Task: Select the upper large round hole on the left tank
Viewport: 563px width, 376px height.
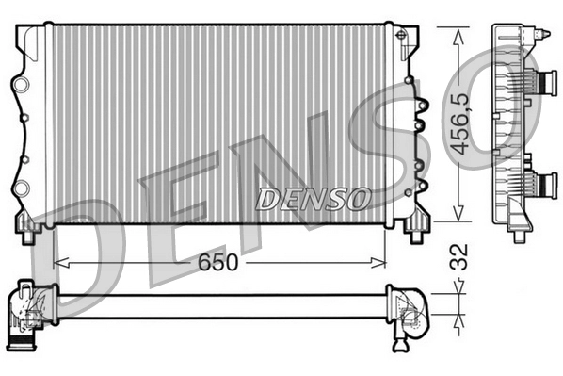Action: tap(21, 85)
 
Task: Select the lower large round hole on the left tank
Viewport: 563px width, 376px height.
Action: tap(21, 187)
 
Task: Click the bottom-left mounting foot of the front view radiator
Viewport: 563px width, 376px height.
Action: tap(28, 225)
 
